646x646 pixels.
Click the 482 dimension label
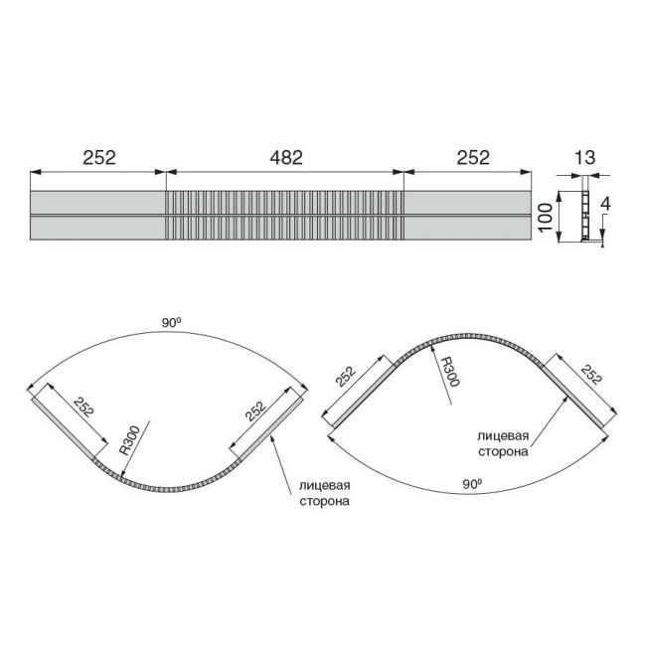point(286,157)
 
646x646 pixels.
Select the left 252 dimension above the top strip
point(99,157)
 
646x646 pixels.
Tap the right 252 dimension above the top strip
point(472,157)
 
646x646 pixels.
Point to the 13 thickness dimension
point(584,157)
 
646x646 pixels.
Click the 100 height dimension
point(546,217)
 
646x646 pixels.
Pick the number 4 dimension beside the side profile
point(605,205)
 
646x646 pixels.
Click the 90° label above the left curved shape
point(171,323)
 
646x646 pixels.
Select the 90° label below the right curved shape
point(472,484)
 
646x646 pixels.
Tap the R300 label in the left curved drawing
point(130,440)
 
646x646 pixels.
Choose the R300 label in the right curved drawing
point(449,372)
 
